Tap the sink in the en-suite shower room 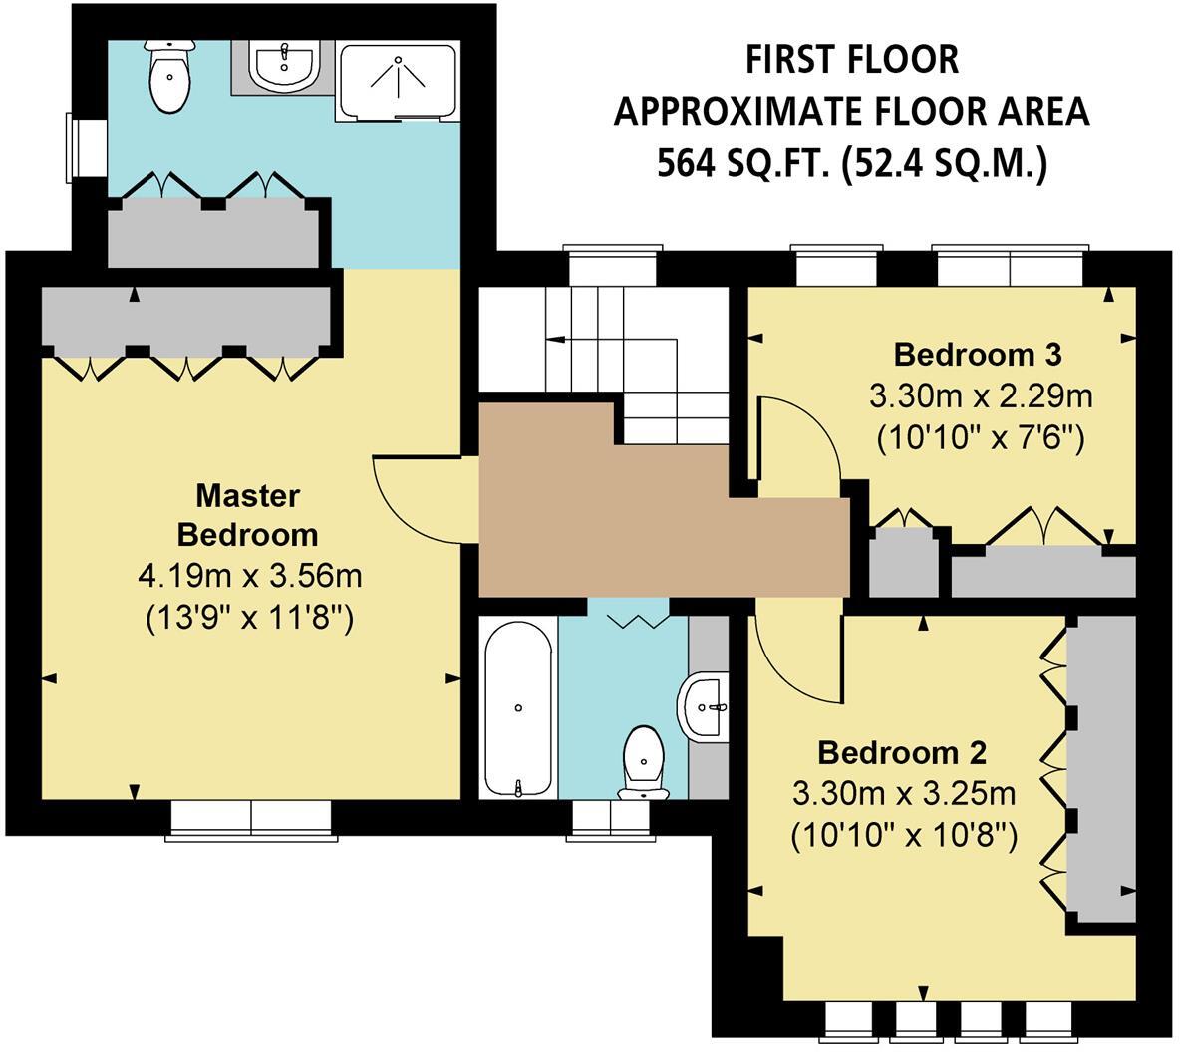pos(285,66)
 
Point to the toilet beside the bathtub pos(643,762)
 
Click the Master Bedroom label pos(247,515)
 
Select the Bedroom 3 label pos(977,354)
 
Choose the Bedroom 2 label pos(902,750)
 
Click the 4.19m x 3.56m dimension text pos(248,576)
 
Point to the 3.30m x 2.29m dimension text pos(981,397)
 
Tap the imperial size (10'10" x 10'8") pos(904,835)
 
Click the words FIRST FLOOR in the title pos(852,60)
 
